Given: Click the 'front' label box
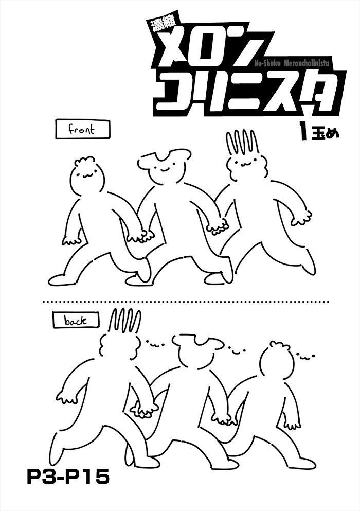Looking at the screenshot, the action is coord(83,130).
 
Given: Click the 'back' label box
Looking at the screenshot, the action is coord(76,321).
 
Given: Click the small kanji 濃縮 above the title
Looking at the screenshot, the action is coord(164,26).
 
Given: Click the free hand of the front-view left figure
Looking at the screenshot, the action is coord(71,241).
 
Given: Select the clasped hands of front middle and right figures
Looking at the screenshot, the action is coord(218,226).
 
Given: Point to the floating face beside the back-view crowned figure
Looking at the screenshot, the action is coord(155,343).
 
